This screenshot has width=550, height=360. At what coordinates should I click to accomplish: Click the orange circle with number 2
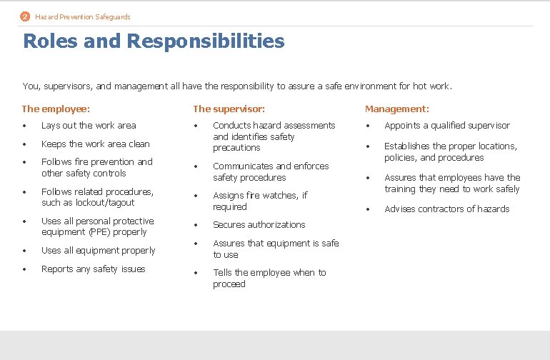coord(26,16)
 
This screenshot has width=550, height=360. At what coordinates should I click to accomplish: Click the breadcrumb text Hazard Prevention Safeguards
coord(83,16)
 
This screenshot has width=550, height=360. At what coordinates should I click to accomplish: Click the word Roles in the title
coord(50,41)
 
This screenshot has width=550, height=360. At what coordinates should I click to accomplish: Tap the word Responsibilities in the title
coord(205,41)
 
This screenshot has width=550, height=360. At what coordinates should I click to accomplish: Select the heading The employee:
coord(56,109)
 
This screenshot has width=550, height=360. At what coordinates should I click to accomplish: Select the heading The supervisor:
coord(229,109)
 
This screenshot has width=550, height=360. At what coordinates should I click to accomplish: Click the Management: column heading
coord(396,109)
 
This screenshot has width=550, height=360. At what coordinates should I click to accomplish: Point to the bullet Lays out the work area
coord(89,126)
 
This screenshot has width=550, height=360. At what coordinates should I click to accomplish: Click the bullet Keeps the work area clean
coord(96,144)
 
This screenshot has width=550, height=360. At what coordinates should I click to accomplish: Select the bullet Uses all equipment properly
coord(99,251)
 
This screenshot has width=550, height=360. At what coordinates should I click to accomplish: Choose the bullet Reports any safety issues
coord(94,269)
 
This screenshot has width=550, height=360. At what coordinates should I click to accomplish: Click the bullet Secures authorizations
coord(259,225)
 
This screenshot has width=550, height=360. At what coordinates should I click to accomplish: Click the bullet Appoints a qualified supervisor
coord(447,126)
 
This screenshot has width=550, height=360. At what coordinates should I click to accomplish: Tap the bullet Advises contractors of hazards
coord(447,209)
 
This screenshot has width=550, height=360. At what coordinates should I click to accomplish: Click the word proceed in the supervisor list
coord(229,284)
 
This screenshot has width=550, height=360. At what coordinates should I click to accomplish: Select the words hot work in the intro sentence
coord(431,86)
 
